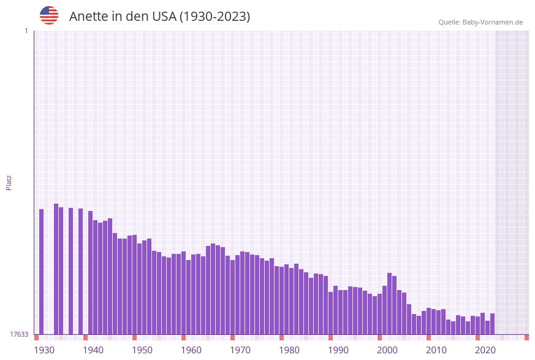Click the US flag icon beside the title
[49, 15]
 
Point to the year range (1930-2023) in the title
[214, 17]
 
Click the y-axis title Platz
[9, 183]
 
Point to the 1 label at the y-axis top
[26, 31]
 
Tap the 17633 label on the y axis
[18, 334]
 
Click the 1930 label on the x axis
[44, 350]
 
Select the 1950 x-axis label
[142, 350]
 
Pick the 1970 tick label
[240, 350]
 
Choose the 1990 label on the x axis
[338, 350]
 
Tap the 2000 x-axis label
[387, 350]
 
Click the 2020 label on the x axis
[485, 350]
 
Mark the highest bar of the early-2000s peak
[389, 304]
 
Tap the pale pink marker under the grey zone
[502, 337]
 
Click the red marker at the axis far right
[526, 337]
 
